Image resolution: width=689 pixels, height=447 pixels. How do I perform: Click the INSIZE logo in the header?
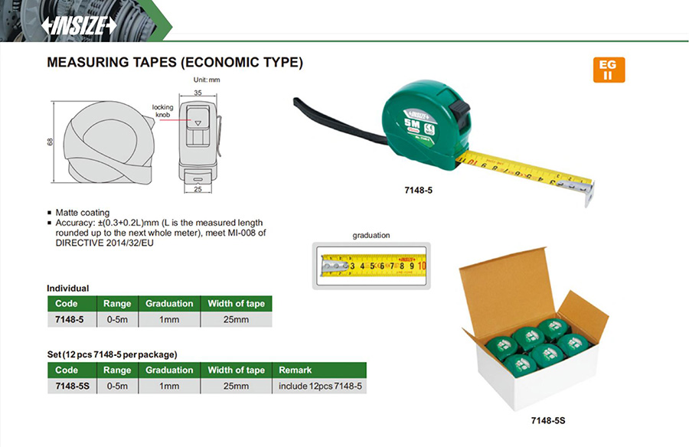79,24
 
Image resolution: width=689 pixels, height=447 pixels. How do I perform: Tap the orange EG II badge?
609,70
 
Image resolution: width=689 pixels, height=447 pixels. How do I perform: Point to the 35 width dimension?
198,93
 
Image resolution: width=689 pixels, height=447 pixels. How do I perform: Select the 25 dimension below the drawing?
197,188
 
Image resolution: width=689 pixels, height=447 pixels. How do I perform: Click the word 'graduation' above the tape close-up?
371,236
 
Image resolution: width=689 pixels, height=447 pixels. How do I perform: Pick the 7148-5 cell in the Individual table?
67,319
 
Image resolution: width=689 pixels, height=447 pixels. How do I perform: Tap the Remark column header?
296,370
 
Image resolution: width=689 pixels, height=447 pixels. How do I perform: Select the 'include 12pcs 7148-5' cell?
320,386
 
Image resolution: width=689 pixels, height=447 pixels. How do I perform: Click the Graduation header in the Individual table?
169,303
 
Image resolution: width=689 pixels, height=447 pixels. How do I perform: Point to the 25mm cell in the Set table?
236,386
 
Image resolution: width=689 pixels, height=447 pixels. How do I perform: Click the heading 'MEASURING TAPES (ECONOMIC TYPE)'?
175,62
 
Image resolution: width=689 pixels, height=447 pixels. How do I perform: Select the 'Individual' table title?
68,289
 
